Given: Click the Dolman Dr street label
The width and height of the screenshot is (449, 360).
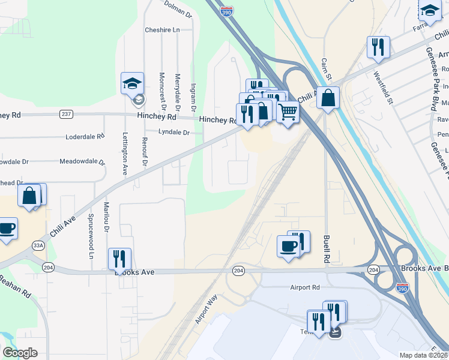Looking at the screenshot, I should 178,9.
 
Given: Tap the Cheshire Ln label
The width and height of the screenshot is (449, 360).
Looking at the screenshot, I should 162,30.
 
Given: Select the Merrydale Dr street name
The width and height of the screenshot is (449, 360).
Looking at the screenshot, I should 177,90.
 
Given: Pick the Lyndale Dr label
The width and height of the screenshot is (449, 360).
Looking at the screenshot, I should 173,132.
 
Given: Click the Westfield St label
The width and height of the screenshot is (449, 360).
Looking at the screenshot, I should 382,88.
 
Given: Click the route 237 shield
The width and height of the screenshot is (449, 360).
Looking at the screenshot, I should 66,114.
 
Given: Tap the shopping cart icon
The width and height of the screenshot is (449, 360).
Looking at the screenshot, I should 288,110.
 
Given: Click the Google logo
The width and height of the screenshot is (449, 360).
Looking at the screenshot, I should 20,352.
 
